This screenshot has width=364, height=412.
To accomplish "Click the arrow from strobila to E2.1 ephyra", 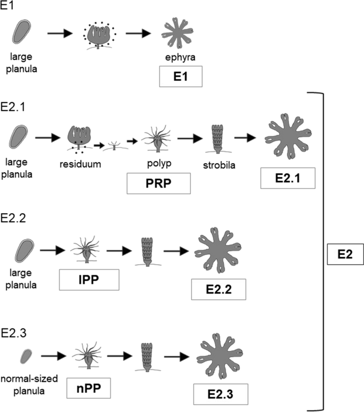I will point(247,137).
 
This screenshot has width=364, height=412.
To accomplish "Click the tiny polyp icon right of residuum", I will point(115,146).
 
